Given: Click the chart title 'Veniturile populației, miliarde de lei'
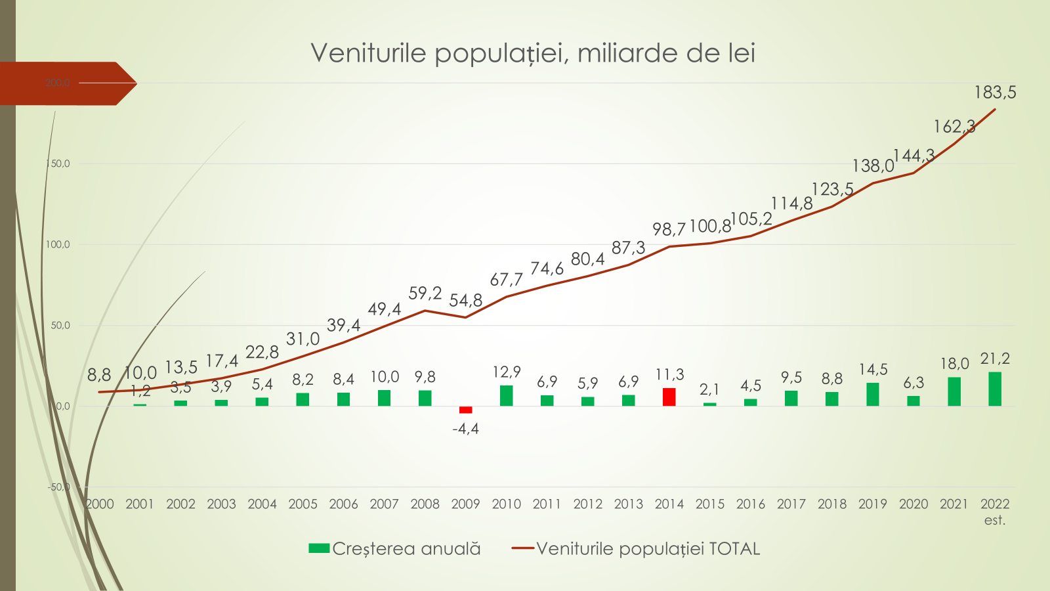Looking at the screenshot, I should [533, 53].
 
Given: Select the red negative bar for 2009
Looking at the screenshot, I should [465, 410].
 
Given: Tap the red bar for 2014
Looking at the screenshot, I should [669, 397].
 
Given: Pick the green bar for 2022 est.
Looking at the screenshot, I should [995, 389].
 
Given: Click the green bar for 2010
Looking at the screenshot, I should [506, 396].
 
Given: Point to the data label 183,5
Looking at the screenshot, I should [995, 93].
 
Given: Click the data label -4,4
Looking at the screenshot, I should [465, 429].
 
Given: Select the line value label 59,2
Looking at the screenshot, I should [425, 293].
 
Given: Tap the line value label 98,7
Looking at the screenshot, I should [669, 229].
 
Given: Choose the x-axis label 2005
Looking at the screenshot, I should [303, 504].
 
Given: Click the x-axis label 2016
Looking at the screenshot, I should [750, 504].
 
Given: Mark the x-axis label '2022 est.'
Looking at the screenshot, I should [995, 512].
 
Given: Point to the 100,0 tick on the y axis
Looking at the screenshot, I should [58, 244].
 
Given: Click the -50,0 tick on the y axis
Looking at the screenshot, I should [58, 487].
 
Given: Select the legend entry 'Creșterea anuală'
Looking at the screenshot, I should [395, 549].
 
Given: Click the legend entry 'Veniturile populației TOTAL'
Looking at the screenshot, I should [637, 549].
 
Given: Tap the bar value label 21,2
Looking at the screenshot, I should [995, 359].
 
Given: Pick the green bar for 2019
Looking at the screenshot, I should [872, 395].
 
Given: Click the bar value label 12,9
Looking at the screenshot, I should [506, 372].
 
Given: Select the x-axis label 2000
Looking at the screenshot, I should [100, 504].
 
